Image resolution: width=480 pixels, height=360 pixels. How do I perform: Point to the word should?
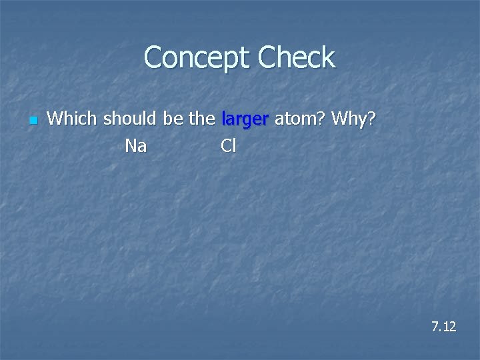130,120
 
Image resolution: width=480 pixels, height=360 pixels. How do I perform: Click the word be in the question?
173,120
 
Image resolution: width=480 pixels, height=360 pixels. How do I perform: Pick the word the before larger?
202,120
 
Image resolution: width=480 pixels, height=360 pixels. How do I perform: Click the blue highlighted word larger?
245,121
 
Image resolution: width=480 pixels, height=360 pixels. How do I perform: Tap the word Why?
350,120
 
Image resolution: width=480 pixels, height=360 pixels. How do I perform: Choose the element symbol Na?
136,146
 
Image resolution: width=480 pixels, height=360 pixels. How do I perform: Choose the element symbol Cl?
228,146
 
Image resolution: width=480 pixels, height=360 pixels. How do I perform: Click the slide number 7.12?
443,327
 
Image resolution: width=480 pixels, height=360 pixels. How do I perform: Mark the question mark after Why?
372,120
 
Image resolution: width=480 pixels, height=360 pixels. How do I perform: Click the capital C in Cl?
225,146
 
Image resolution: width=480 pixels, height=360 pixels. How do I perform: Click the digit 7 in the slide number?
435,327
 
